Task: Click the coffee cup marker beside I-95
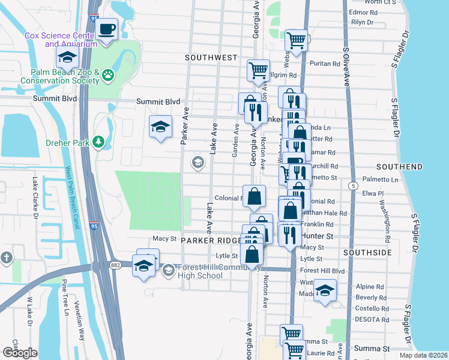pyautogui.click(x=107, y=29)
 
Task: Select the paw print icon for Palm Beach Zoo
pyautogui.click(x=108, y=75)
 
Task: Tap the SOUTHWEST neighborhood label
pyautogui.click(x=211, y=58)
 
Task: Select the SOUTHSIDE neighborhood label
pyautogui.click(x=367, y=253)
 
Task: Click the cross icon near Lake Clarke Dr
pyautogui.click(x=7, y=257)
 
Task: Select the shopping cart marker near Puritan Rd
pyautogui.click(x=296, y=40)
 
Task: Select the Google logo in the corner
pyautogui.click(x=20, y=352)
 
